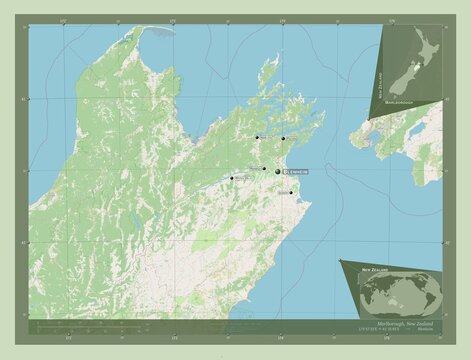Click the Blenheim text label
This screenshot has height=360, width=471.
(295, 172)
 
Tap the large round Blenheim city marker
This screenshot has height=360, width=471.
(278, 172)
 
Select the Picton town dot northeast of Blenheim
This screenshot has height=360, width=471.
(283, 138)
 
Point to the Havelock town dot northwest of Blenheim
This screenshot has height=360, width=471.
(257, 138)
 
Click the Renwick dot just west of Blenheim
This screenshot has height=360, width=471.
(265, 168)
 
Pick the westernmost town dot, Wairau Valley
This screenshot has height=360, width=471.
(232, 179)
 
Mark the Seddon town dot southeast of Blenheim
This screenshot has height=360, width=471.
(291, 193)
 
